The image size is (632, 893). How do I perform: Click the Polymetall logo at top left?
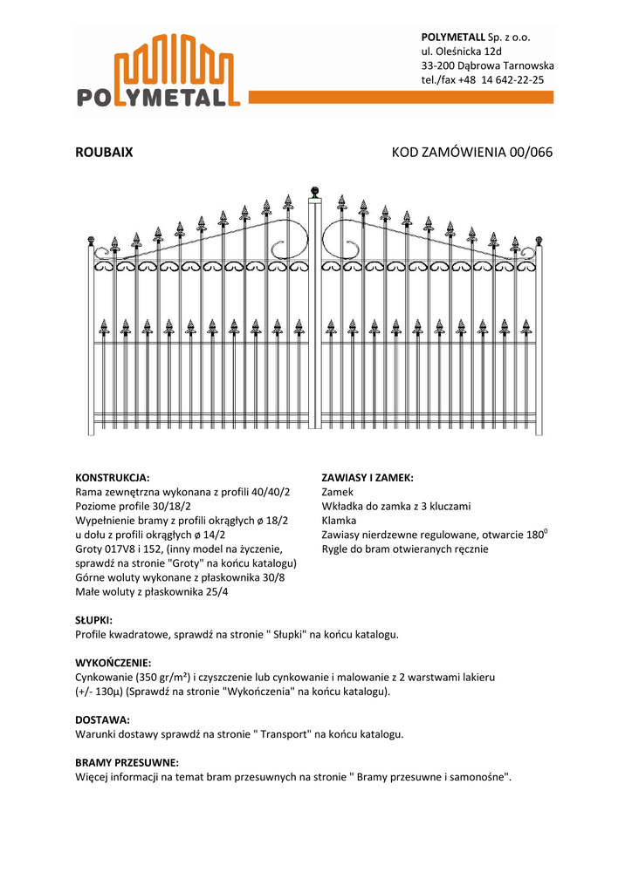coord(165,72)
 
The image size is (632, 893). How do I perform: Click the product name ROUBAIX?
coord(104,153)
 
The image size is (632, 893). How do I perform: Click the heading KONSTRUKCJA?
coord(113,478)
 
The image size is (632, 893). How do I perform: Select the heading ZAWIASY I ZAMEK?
coord(367,478)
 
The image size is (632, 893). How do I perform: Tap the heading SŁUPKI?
coord(94,620)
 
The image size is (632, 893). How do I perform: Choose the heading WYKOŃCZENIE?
coord(113,663)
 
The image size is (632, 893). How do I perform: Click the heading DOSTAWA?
coord(102,719)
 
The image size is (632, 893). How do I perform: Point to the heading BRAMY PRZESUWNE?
coord(127,762)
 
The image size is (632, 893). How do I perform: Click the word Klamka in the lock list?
coord(339,521)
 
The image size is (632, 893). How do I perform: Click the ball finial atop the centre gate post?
coord(315,190)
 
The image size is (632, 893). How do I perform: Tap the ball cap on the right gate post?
coord(539,240)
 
